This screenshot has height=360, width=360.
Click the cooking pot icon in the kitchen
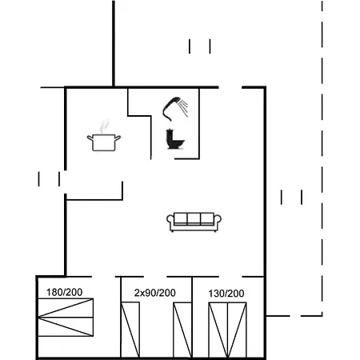105,142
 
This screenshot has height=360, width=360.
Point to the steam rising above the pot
104,126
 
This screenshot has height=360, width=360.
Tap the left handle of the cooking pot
90,138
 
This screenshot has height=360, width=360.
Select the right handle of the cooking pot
119,138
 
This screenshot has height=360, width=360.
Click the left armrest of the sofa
171,222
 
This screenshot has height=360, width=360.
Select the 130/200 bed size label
226,294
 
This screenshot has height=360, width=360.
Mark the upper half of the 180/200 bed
66,311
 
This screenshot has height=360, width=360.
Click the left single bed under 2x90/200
130,329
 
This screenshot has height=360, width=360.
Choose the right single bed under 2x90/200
182,329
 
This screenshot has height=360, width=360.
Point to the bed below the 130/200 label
226,329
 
